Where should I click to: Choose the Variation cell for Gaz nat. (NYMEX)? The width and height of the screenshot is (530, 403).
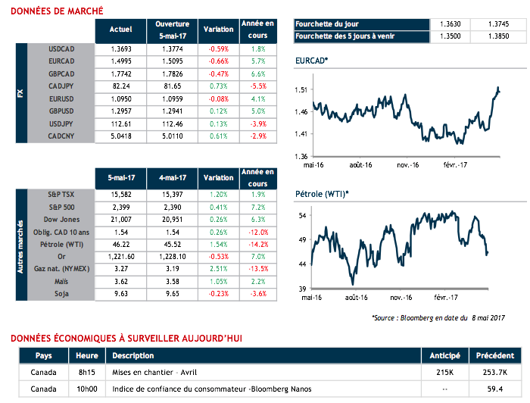click(x=218, y=268)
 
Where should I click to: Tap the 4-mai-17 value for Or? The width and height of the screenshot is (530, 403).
click(x=171, y=256)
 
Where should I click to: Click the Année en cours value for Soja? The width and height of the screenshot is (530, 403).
click(x=257, y=292)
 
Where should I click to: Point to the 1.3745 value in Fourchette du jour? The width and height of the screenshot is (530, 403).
click(x=497, y=23)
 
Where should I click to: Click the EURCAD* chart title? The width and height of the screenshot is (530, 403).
click(x=312, y=58)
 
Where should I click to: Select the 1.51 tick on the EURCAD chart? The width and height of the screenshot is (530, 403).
click(x=301, y=90)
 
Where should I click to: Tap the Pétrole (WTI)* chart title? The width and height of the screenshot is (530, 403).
click(x=322, y=195)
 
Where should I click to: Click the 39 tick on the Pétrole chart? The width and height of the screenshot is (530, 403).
click(x=302, y=289)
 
